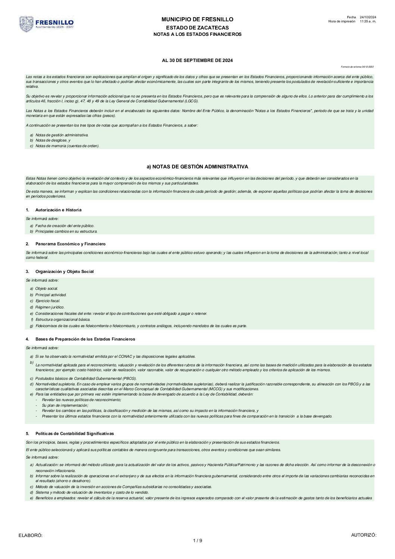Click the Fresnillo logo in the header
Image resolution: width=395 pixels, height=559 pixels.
46,24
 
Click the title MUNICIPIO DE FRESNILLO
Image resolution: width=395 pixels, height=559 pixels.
197,19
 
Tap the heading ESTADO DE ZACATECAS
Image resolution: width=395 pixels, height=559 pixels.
197,28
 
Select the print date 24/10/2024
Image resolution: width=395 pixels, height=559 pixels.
368,17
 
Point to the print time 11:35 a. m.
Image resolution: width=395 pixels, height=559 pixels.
368,21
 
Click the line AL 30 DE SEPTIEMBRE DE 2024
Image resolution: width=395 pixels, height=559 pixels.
197,60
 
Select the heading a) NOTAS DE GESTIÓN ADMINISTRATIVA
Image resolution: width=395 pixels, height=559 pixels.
197,167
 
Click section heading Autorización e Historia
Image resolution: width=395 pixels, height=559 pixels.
58,210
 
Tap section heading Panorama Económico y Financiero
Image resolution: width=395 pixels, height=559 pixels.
70,244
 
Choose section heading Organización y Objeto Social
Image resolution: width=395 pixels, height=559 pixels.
64,271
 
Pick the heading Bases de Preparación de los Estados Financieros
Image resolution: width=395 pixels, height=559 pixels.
85,339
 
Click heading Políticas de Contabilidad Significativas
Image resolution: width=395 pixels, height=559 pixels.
74,434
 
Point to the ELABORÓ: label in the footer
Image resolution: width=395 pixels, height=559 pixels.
31,535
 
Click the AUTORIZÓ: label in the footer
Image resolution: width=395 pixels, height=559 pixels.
364,535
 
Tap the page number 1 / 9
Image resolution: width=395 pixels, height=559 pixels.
197,541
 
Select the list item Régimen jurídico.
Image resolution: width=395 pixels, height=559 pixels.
50,307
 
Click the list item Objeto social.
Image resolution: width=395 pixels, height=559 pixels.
46,289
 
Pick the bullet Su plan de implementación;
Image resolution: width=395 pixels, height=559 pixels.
65,405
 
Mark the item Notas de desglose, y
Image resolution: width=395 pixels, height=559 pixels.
53,140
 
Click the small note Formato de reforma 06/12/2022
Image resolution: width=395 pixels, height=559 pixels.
357,67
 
